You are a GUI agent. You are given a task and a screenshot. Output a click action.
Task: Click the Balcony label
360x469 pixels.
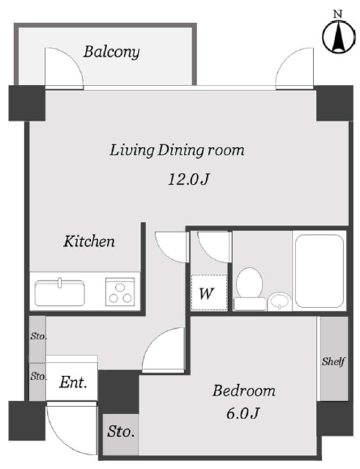tap(111, 52)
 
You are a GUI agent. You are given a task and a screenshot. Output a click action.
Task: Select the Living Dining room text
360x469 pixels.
tap(177, 150)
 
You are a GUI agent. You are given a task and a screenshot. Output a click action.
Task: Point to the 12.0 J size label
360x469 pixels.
tap(188, 180)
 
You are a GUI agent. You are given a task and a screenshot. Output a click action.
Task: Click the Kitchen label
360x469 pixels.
tap(89, 241)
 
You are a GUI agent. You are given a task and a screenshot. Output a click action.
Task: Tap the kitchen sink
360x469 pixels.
tap(59, 292)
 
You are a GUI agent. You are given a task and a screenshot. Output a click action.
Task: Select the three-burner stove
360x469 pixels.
tap(120, 292)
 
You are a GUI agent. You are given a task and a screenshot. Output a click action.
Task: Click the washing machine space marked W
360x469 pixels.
tap(209, 292)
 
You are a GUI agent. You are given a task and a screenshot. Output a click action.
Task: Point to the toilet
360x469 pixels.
tap(249, 289)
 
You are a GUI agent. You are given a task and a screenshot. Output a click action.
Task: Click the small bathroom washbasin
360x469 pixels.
tap(279, 301)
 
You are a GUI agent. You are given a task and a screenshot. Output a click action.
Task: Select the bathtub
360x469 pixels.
tap(319, 271)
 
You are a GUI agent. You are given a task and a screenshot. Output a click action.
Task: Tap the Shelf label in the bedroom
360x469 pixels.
tap(334, 361)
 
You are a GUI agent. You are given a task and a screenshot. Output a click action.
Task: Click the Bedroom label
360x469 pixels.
tap(244, 391)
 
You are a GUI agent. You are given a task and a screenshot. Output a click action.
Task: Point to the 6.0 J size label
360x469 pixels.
tap(243, 413)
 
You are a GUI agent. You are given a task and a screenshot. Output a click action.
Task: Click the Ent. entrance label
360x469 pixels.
tap(73, 383)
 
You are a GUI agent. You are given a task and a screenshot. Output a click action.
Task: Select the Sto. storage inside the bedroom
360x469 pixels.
tap(120, 435)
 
